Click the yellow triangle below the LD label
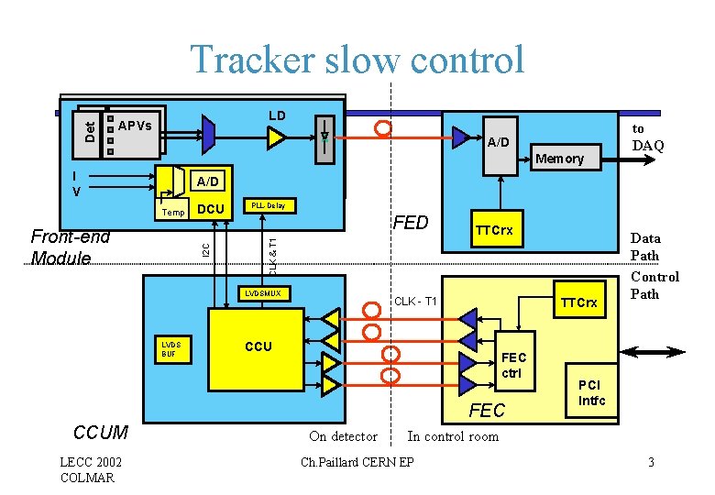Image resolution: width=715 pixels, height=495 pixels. point(276,137)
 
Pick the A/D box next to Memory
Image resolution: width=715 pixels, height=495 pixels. point(498,143)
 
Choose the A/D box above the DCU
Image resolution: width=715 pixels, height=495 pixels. point(207,181)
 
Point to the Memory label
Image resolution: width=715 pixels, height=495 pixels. point(559,159)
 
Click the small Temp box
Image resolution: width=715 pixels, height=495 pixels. point(172,212)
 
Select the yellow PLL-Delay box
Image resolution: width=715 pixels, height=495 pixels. point(266,205)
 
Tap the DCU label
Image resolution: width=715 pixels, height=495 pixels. point(211,210)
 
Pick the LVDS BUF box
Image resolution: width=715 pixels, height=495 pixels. point(170,348)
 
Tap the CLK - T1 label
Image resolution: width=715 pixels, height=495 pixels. point(415,302)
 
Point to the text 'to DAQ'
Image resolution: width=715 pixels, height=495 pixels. point(648,137)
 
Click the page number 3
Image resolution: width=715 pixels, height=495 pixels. point(650,462)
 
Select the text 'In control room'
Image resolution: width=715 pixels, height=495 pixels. point(453,436)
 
